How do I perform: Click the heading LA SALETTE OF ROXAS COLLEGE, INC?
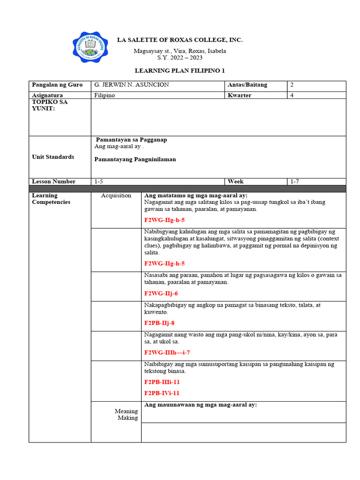point(180,40)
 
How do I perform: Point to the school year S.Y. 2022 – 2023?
point(180,58)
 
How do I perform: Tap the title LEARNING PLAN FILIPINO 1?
point(180,71)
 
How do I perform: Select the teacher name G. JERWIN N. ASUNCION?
point(132,85)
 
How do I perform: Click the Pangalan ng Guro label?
point(57,85)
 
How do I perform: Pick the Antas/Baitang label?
point(247,85)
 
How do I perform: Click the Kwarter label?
point(240,95)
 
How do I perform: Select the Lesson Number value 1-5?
point(99,181)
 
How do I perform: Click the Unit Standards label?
point(53,157)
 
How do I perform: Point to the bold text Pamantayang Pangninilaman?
point(135,159)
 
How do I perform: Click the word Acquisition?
point(116,195)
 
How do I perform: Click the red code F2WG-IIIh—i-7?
point(167,352)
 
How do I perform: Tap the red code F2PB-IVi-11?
point(162,393)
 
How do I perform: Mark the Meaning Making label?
point(127,414)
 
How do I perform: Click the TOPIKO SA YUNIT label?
point(50,105)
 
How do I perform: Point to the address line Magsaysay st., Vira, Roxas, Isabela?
point(180,51)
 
